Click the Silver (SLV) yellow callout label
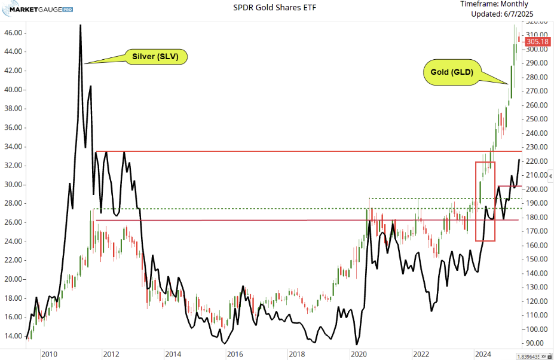(x=156, y=57)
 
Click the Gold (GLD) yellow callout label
(x=452, y=72)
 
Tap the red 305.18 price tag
(x=537, y=42)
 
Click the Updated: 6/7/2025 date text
(x=501, y=14)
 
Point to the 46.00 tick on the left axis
(x=14, y=32)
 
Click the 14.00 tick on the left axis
(x=14, y=336)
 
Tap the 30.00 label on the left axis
(x=14, y=184)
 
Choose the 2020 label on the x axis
(x=359, y=354)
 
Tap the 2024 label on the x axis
(x=482, y=354)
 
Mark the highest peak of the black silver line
(x=80, y=26)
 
